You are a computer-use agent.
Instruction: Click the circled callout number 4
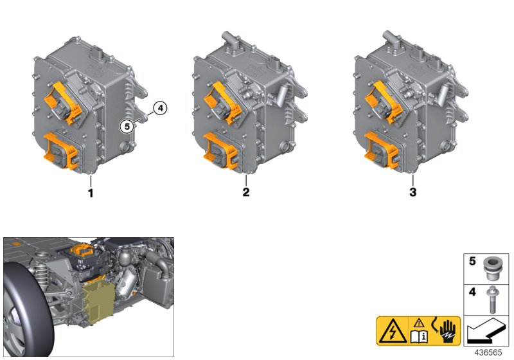(160, 108)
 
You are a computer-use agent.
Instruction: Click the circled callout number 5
(127, 126)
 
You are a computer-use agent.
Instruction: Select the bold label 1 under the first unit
(91, 193)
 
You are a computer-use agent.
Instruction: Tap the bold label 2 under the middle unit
(246, 192)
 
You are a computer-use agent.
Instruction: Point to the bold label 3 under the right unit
(412, 192)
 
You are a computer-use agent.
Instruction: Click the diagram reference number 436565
(488, 352)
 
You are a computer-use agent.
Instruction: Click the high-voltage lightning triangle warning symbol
(393, 331)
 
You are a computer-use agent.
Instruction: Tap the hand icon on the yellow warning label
(447, 330)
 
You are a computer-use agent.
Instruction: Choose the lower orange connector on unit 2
(220, 150)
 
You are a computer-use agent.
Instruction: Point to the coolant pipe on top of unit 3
(392, 40)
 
